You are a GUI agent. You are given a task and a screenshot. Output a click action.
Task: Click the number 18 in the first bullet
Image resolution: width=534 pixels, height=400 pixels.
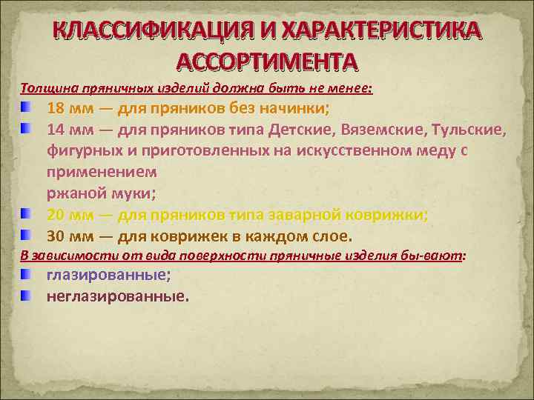56,108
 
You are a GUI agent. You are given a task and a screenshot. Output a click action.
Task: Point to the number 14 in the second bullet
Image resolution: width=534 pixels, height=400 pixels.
56,130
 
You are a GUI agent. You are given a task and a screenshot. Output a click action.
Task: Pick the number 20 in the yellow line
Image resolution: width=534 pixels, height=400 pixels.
56,215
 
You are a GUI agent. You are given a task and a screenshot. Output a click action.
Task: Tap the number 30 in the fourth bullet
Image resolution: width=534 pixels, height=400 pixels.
56,236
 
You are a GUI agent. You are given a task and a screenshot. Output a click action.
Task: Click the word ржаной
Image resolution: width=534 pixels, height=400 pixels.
72,194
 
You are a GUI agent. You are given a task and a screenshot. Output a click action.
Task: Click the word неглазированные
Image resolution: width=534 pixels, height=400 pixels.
116,296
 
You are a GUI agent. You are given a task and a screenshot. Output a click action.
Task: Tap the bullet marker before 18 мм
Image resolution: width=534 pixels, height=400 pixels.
27,108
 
